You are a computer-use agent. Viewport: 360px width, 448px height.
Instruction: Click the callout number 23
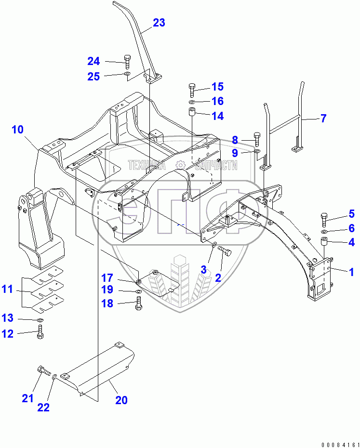coord(159,23)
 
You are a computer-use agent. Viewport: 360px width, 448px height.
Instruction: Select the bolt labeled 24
coord(127,61)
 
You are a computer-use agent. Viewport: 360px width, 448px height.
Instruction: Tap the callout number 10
coord(17,130)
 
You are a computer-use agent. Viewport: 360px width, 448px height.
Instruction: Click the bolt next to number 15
coord(192,89)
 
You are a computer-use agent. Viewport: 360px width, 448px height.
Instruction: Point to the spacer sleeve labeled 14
coord(192,116)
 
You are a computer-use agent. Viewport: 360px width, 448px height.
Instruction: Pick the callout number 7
coord(323,118)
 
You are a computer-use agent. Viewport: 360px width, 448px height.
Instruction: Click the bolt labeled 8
coord(256,140)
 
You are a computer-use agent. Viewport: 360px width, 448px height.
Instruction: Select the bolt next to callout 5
coord(323,219)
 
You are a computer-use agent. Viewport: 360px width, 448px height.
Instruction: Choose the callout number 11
coord(7,290)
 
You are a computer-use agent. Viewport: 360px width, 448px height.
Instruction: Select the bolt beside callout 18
coord(139,304)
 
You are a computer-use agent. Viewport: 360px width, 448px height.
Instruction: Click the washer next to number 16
coord(192,102)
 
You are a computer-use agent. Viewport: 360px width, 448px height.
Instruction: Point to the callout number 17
coord(107,277)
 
